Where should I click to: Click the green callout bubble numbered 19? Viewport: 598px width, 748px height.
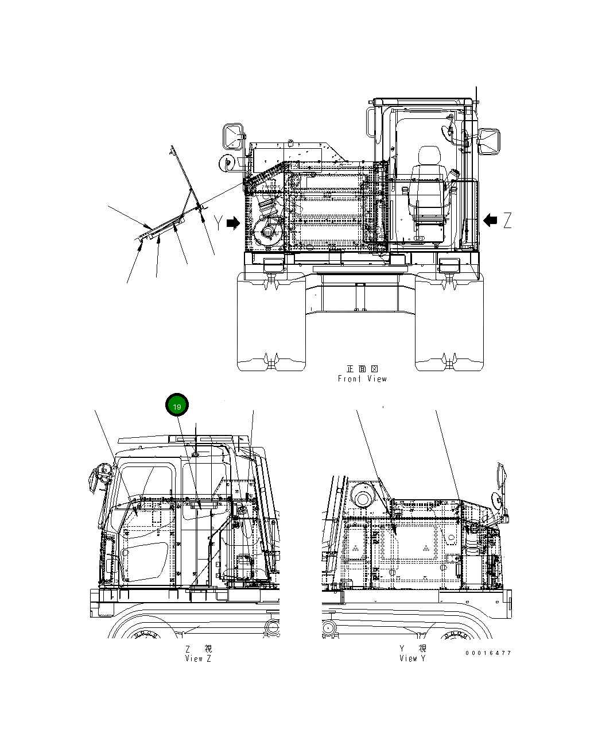pyautogui.click(x=177, y=406)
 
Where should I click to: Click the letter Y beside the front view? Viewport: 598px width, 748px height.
pyautogui.click(x=219, y=223)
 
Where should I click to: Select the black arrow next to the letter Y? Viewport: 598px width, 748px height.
pyautogui.click(x=233, y=223)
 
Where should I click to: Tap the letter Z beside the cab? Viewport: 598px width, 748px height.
pyautogui.click(x=507, y=220)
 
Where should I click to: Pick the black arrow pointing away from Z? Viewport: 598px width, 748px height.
pyautogui.click(x=490, y=220)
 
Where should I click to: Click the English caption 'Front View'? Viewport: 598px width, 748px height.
pyautogui.click(x=362, y=379)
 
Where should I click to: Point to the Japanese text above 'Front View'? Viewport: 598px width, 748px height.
pyautogui.click(x=362, y=369)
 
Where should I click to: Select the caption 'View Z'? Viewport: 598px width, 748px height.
pyautogui.click(x=198, y=658)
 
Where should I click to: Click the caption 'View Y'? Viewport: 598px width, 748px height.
pyautogui.click(x=413, y=658)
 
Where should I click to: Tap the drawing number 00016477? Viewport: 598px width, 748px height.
pyautogui.click(x=488, y=653)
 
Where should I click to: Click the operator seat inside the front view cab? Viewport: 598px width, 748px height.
pyautogui.click(x=428, y=195)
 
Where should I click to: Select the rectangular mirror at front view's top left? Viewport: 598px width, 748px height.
pyautogui.click(x=233, y=136)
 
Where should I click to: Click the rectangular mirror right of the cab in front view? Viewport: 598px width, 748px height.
pyautogui.click(x=490, y=141)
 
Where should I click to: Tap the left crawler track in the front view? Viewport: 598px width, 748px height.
pyautogui.click(x=271, y=325)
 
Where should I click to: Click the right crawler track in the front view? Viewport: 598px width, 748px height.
pyautogui.click(x=449, y=325)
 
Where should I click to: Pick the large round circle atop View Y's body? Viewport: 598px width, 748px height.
pyautogui.click(x=363, y=495)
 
